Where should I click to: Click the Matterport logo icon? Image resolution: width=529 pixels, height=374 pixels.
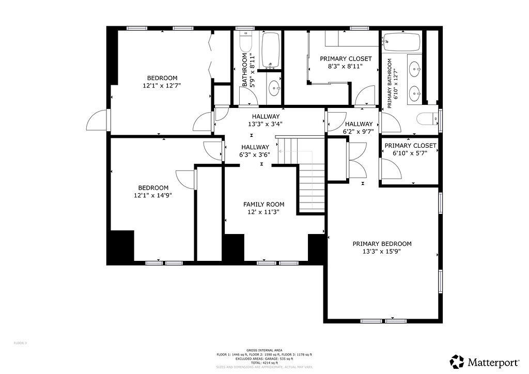coord(457,361)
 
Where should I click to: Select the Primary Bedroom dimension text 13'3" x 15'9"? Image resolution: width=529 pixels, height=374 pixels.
coord(382,252)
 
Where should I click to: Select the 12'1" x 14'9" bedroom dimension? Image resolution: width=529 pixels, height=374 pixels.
coord(153,195)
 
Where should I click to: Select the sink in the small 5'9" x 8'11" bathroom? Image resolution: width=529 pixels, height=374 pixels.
coord(274,88)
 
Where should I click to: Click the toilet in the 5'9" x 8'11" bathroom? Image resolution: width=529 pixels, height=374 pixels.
coord(245,41)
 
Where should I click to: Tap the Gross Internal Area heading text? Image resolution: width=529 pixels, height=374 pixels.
coord(264,350)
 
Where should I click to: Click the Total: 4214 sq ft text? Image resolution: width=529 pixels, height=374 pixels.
coord(264,363)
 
